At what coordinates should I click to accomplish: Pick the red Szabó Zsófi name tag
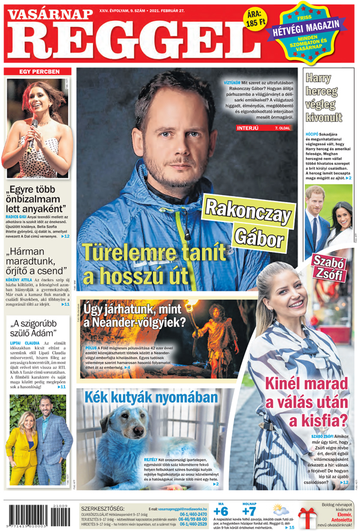click(327, 268)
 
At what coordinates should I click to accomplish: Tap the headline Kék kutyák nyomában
click(151, 398)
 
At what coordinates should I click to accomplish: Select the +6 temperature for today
click(221, 512)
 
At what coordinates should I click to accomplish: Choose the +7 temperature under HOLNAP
click(248, 512)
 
